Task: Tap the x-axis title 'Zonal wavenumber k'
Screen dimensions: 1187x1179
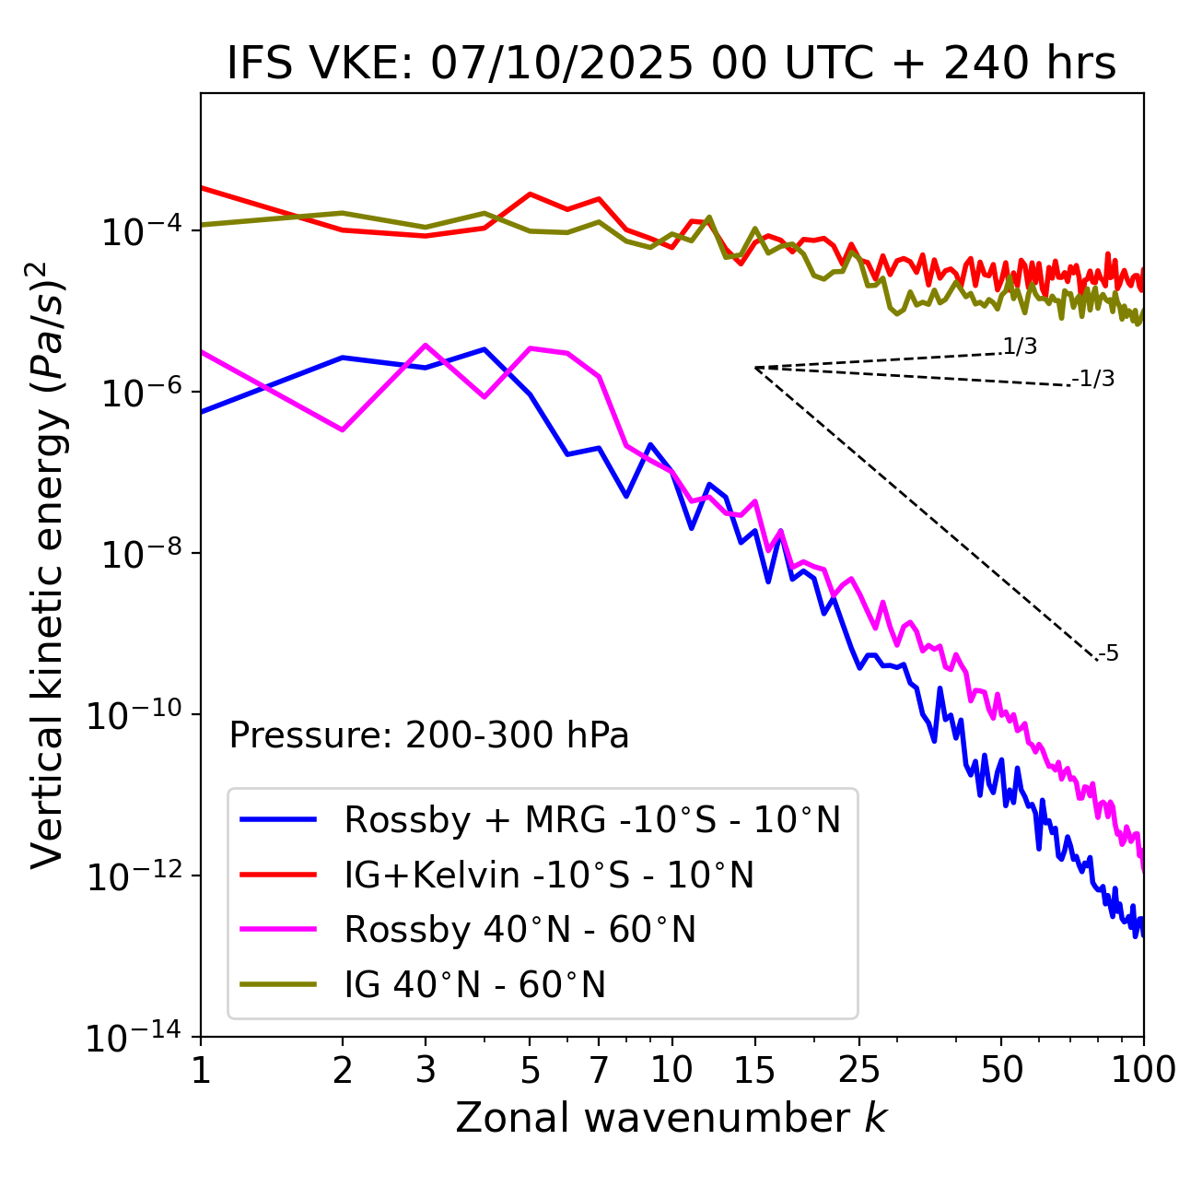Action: click(x=671, y=1117)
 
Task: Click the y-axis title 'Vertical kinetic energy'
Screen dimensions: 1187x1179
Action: click(x=48, y=564)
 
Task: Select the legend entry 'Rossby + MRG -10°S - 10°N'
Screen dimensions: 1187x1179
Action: click(x=592, y=819)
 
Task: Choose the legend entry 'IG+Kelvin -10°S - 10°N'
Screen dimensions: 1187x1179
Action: click(x=549, y=875)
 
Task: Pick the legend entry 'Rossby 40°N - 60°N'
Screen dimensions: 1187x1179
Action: click(x=519, y=930)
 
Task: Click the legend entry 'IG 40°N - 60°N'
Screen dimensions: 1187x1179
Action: click(x=474, y=985)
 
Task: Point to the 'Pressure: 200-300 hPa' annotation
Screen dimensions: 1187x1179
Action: click(x=429, y=735)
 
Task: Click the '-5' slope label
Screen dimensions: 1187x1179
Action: click(x=1108, y=654)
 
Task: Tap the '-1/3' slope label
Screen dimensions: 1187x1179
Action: click(x=1094, y=379)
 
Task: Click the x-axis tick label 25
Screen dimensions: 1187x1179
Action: click(x=859, y=1070)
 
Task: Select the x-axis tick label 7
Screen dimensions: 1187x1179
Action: click(x=599, y=1070)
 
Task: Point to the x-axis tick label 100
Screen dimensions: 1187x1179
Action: click(x=1143, y=1070)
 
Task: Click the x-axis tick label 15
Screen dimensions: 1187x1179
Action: click(x=754, y=1070)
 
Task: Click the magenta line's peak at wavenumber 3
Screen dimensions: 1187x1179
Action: click(x=426, y=345)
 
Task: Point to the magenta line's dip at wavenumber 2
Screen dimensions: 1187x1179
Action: click(x=343, y=430)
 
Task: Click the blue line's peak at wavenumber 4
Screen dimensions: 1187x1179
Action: click(x=484, y=349)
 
